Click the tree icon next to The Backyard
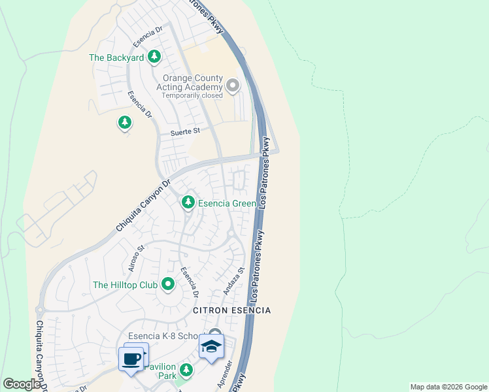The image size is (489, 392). coord(154,57)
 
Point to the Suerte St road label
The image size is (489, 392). coord(184,132)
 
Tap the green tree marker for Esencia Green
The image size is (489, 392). coord(188,203)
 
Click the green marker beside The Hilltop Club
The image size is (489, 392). coord(168,284)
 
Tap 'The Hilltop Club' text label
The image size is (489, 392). coord(126,285)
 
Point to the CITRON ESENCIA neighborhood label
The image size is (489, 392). coord(231,310)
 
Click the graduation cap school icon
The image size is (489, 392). coord(212,346)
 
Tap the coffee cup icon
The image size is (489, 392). coord(131,359)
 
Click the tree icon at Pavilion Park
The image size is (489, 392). coord(187,371)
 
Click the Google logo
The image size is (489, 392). coord(22,384)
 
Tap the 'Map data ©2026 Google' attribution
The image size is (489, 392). coord(448,387)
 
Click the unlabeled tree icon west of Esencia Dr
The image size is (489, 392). coord(124,122)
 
